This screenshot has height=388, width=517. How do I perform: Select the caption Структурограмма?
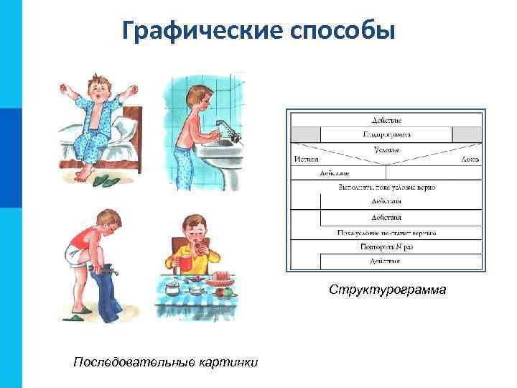387,290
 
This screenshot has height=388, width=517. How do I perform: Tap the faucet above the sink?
228,129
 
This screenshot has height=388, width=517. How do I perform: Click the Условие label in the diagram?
386,149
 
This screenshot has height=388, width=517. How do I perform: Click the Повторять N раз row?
386,246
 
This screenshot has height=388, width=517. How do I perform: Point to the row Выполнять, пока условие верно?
386,187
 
